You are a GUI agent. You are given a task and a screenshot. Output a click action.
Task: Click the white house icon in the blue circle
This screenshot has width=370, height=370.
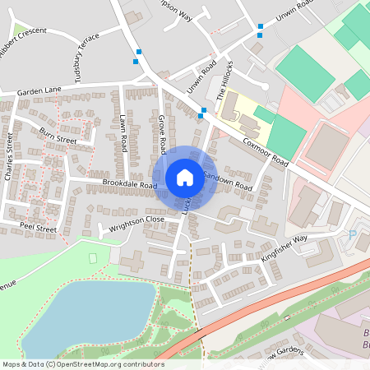point(185,177)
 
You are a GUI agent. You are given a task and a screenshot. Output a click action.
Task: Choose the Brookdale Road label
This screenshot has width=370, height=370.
point(129,185)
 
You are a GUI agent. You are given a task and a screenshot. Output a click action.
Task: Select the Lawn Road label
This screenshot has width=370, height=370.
point(123,132)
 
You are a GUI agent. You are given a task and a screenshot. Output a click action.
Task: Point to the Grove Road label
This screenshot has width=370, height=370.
point(163,134)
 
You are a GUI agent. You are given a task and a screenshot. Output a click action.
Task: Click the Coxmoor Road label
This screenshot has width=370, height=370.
point(267,151)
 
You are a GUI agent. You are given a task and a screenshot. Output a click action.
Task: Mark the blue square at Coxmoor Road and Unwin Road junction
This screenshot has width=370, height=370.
point(203,111)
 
